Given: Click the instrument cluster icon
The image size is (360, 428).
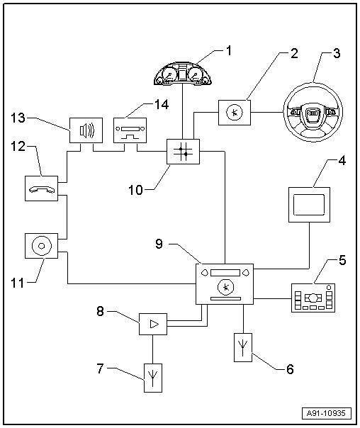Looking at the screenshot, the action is pos(183,73).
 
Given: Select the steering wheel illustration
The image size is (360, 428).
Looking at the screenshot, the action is pos(313,112).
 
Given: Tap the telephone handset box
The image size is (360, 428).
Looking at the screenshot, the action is pos(42,188).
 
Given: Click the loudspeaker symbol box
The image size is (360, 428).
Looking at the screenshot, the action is pos(86,130).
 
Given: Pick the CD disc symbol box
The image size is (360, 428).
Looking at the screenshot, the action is pos(42,246).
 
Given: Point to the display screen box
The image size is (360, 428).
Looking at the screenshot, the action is pos(309,205).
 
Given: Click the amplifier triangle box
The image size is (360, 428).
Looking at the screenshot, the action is pos(153,324).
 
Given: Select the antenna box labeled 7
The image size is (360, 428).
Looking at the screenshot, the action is pos(153,378).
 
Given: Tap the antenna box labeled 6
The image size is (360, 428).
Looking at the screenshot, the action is pos(243,347).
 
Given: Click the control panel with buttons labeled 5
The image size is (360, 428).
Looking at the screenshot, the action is pos(313,298).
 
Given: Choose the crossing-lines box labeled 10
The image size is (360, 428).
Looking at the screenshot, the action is pos(183,152).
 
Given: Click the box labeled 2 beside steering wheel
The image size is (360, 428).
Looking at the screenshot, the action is pos(235,113).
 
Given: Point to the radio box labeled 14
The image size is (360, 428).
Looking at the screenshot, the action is pos(130,130).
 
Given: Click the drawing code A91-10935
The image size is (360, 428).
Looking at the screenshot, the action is pos(327,413).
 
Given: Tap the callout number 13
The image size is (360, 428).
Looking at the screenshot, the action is pos(18,118).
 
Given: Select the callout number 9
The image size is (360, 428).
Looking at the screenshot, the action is pos(159,244).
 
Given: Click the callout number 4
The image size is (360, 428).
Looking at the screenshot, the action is pos(342,161).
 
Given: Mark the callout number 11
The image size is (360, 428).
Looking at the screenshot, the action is pos(18,283).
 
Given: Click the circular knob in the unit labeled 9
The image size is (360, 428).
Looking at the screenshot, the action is pos(226,287).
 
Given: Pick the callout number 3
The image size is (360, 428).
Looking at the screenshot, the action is pos(337,53).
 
